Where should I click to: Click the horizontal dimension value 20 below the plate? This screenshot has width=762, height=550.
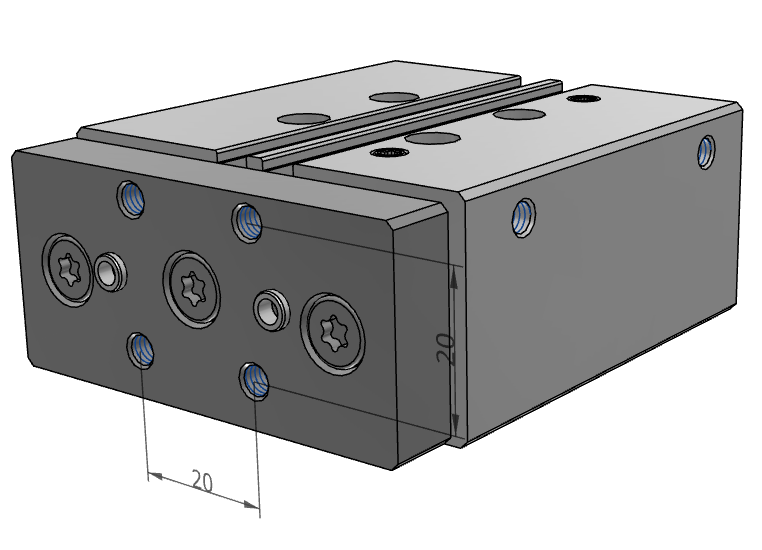[202, 481]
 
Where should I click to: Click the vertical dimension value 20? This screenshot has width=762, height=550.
[446, 349]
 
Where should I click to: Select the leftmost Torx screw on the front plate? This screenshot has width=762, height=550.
[68, 270]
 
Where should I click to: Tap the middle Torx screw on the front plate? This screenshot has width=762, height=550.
[191, 290]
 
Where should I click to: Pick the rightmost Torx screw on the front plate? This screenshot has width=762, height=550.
[333, 333]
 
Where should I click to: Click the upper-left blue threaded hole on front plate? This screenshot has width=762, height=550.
[131, 198]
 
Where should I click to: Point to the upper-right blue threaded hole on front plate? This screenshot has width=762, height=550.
[248, 223]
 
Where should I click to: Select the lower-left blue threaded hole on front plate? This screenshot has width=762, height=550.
[141, 350]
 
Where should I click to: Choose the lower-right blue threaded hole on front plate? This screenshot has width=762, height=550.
[255, 381]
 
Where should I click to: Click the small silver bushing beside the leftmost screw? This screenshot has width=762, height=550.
[111, 272]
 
